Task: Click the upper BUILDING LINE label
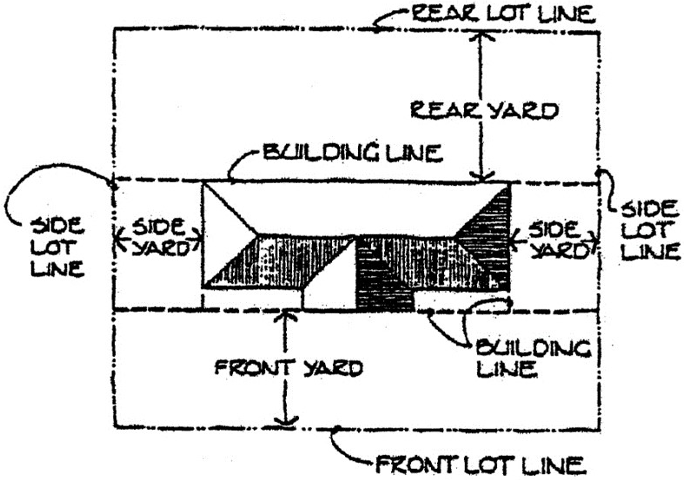(x=352, y=155)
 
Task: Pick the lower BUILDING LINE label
(x=533, y=358)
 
